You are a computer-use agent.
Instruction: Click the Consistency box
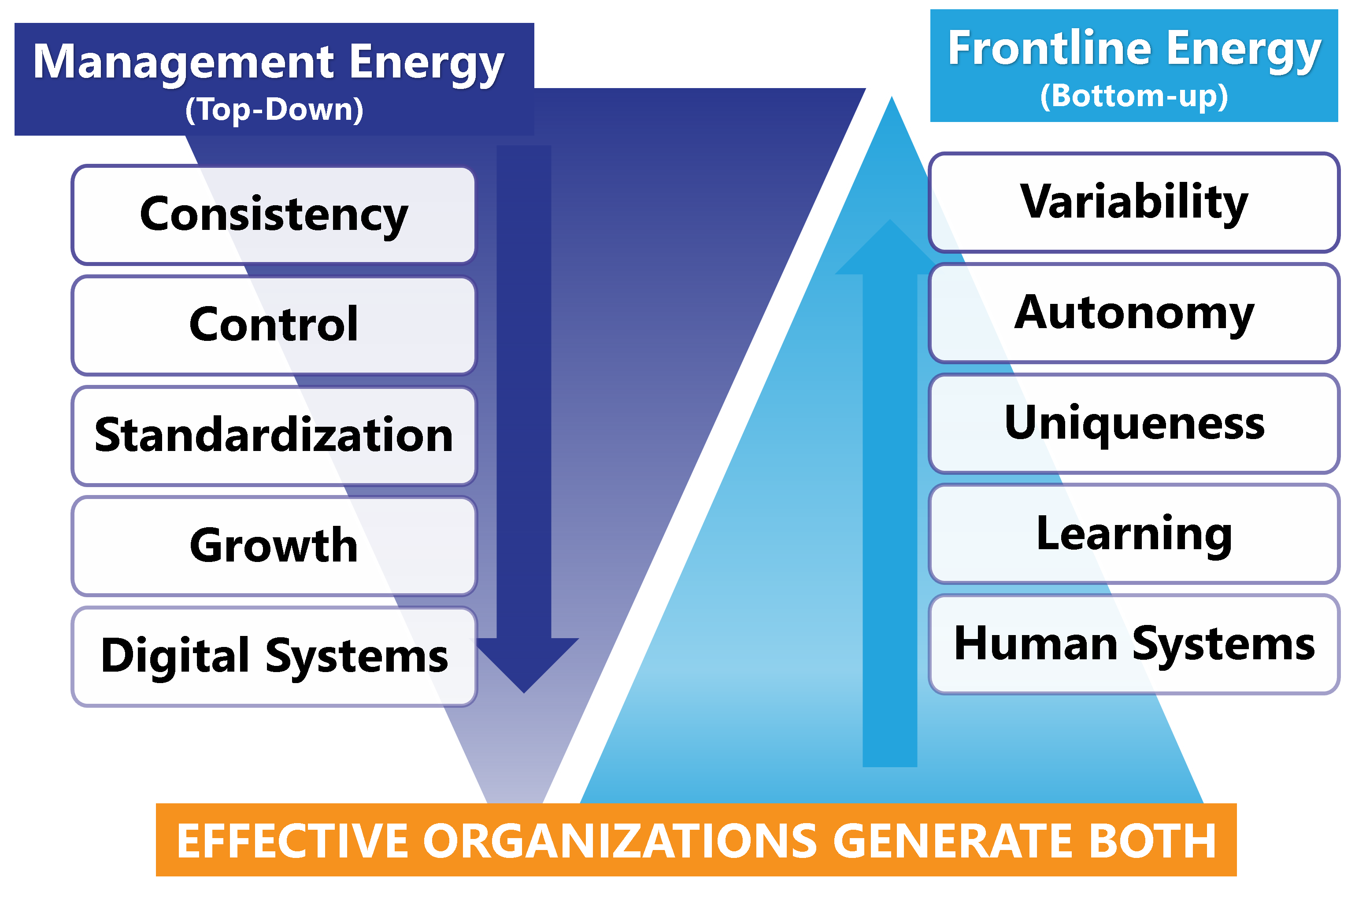[x=274, y=215]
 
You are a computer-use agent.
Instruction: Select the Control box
[x=274, y=325]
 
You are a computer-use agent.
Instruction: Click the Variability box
[x=1134, y=202]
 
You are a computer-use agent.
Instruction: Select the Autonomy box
[x=1134, y=313]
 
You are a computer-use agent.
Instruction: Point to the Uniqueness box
[x=1134, y=424]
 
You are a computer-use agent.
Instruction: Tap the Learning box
[x=1134, y=534]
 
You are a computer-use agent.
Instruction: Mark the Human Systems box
[x=1134, y=645]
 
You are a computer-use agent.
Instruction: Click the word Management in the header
[x=183, y=63]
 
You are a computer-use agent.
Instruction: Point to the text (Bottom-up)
[x=1134, y=96]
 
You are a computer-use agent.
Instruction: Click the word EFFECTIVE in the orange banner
[x=292, y=841]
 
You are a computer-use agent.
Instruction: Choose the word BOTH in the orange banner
[x=1152, y=841]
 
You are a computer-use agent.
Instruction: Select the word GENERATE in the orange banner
[x=953, y=841]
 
